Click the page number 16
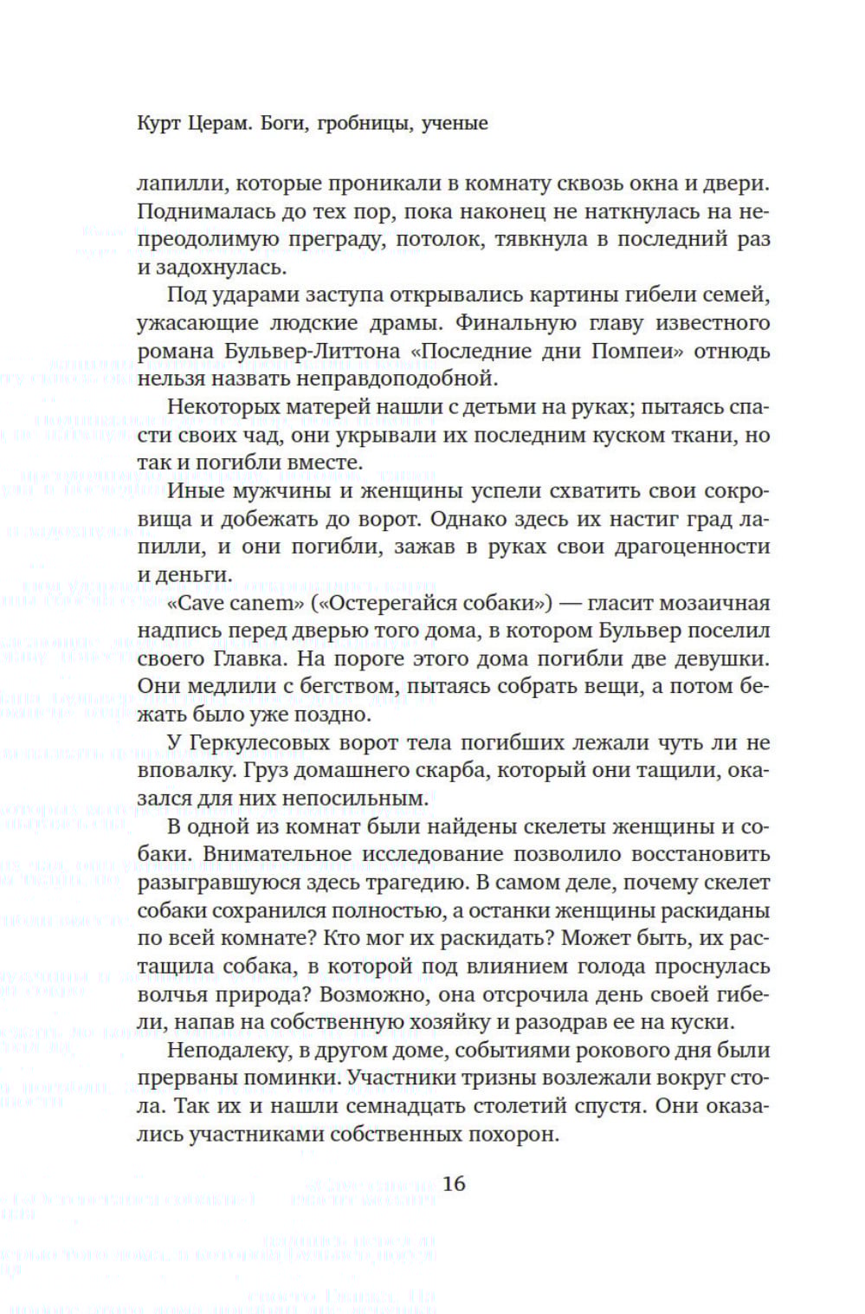point(454,1183)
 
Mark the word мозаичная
point(717,603)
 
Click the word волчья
point(173,994)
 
